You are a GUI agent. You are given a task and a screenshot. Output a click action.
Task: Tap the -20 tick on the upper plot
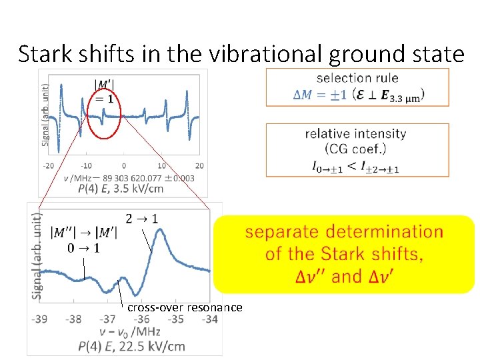tap(49, 165)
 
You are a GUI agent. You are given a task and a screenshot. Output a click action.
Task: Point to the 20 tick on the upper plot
tap(199, 165)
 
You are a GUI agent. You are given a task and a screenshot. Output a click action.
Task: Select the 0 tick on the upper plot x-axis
tap(124, 165)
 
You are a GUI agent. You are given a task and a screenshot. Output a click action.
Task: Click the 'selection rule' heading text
tap(357, 78)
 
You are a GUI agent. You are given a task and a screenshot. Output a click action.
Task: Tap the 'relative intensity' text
tap(355, 133)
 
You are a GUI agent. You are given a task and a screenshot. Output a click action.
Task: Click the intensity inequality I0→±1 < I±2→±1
tap(355, 167)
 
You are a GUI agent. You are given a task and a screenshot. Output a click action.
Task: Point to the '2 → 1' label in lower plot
tap(141, 218)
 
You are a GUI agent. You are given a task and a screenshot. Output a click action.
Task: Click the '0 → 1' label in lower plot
tap(84, 249)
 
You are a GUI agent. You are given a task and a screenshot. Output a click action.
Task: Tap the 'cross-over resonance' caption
tap(185, 307)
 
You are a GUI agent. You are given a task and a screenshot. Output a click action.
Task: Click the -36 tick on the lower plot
tap(142, 319)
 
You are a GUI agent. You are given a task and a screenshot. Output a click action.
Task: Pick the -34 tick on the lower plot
tap(209, 319)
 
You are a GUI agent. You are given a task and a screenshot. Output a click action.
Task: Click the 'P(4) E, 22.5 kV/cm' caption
tap(131, 346)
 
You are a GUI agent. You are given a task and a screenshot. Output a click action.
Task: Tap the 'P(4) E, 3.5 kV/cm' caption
tap(120, 189)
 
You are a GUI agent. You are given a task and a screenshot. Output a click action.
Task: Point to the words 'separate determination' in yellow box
tap(344, 232)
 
